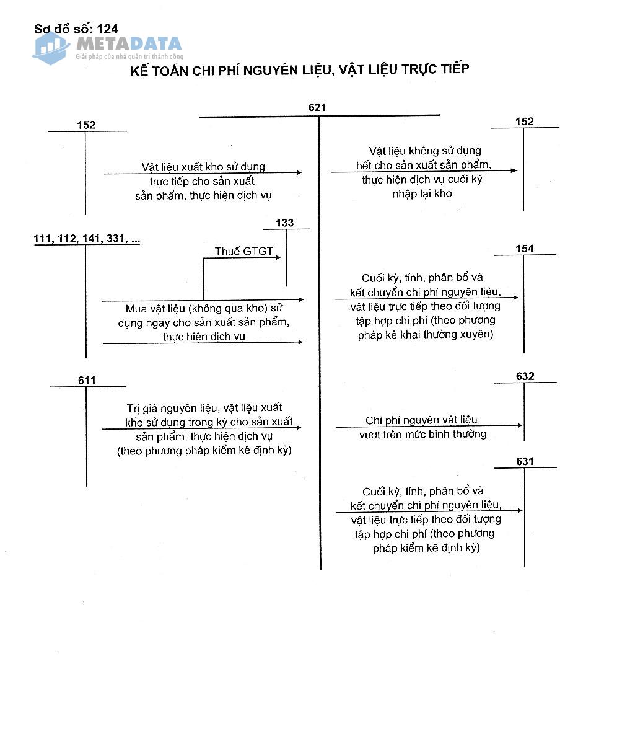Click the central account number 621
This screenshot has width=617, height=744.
click(x=317, y=107)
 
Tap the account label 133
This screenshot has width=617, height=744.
click(x=285, y=223)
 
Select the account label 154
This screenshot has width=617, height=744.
click(x=524, y=249)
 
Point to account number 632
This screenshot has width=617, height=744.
click(x=525, y=376)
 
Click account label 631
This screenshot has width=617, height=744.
click(x=524, y=461)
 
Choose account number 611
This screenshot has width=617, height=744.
click(x=87, y=380)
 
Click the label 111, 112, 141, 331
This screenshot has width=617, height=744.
click(x=86, y=239)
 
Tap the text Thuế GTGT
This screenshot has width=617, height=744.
click(x=243, y=251)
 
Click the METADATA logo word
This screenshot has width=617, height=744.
click(x=129, y=43)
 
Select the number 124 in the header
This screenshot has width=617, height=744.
click(x=107, y=29)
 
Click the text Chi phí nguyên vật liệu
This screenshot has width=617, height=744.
click(x=421, y=420)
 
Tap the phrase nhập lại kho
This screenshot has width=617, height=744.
click(x=422, y=193)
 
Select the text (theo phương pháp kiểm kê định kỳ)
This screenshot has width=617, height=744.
click(x=204, y=450)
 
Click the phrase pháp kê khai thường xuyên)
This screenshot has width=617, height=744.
click(x=426, y=335)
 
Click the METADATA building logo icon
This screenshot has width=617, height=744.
click(x=51, y=47)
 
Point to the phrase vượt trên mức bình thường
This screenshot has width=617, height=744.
click(x=422, y=434)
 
